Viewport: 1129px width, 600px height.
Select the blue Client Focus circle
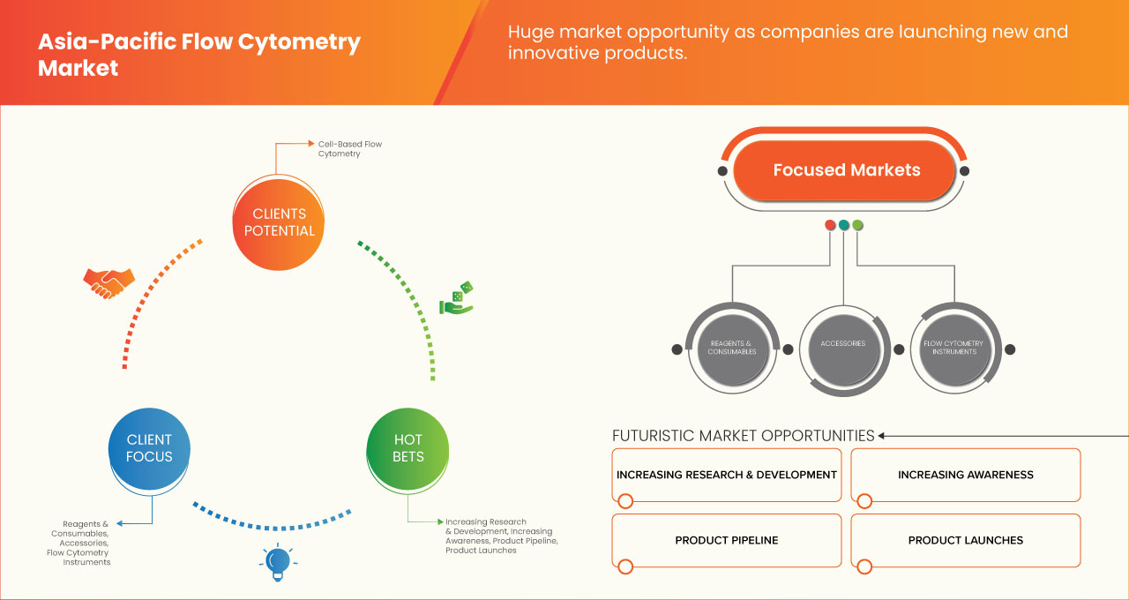click(149, 448)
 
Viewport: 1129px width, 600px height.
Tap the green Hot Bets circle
click(407, 448)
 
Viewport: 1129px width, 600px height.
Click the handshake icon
click(108, 282)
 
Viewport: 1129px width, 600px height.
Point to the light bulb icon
click(277, 562)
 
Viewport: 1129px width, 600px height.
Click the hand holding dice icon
click(456, 299)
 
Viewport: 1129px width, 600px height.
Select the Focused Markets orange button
click(846, 170)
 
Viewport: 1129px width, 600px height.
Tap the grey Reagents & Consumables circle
click(731, 348)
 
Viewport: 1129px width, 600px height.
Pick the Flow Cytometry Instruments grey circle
click(953, 348)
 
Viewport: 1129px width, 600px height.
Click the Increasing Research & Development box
click(726, 475)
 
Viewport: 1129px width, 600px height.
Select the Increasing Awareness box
click(965, 475)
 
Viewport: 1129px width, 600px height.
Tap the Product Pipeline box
click(726, 540)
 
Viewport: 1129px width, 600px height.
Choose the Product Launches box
click(965, 540)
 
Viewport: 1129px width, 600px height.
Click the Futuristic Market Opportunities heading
click(743, 436)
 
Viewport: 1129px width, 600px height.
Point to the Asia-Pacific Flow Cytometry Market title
click(198, 55)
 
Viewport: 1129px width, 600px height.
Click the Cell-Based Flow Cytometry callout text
click(350, 148)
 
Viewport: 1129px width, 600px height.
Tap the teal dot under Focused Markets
click(844, 225)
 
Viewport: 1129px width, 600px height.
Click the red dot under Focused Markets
click(830, 225)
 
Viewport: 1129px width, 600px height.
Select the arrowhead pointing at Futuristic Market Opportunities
click(882, 436)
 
